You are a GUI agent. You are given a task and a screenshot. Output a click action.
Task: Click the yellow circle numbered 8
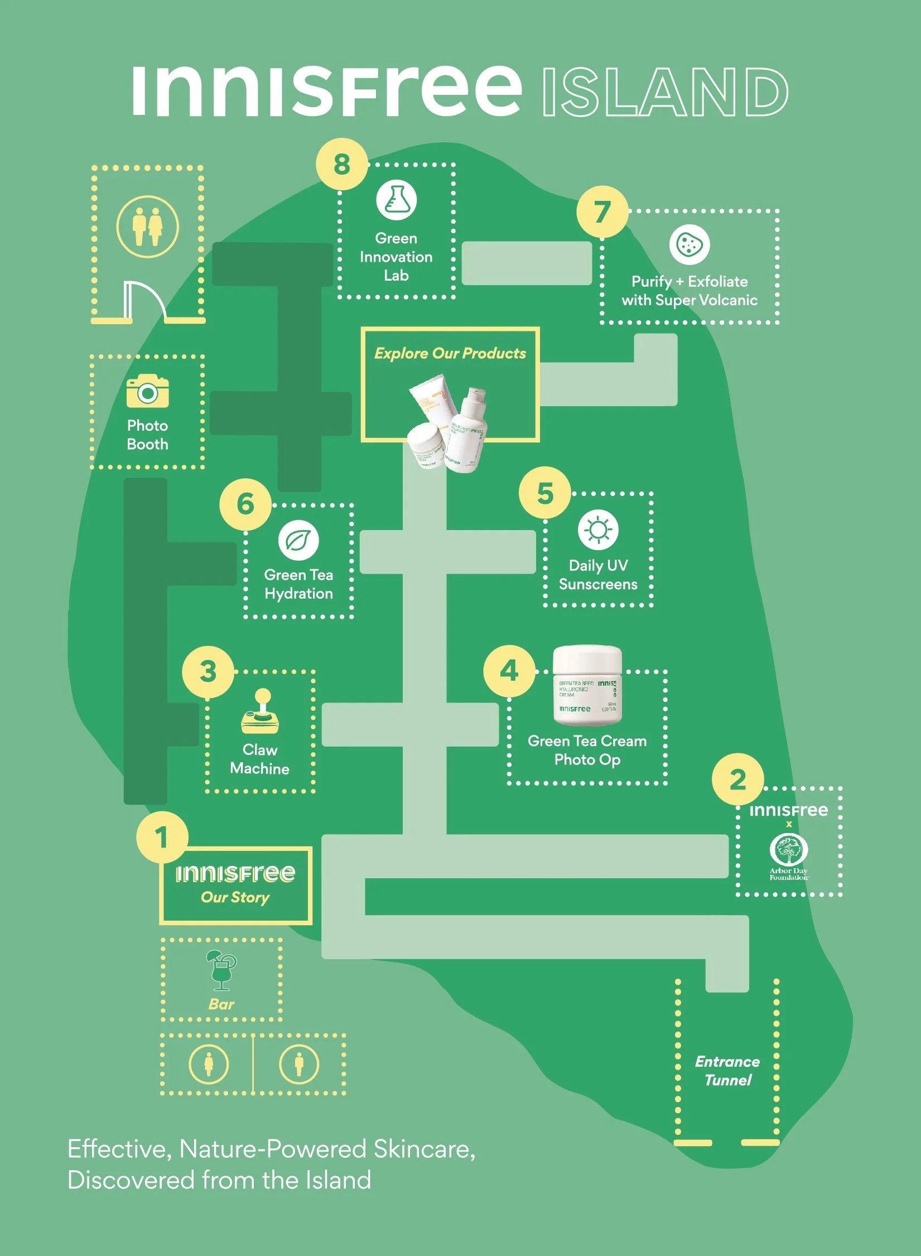pos(342,164)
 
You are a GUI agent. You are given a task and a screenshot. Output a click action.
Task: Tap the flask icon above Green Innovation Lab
pos(396,200)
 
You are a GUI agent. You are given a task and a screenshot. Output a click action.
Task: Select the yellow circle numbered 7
pos(602,212)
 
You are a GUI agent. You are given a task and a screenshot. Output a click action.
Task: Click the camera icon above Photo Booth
pos(147,392)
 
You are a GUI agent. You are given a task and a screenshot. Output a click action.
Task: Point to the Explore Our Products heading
pos(450,353)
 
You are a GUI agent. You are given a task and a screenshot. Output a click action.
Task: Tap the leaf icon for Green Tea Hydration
pos(298,540)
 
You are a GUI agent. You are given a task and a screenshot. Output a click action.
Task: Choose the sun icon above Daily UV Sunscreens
pos(598,530)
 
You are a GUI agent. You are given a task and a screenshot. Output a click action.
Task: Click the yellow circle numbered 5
pos(545,493)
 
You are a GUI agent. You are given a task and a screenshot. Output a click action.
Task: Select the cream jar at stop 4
pos(587,685)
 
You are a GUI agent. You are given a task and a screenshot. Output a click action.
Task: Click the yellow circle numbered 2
pos(737,779)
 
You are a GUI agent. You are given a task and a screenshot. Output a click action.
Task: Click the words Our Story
pos(235,897)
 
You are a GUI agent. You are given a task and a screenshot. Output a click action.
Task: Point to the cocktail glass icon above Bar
pos(221,970)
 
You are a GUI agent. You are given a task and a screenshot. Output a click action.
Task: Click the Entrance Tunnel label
pos(727,1071)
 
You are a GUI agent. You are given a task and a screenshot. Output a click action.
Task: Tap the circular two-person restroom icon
pos(147,227)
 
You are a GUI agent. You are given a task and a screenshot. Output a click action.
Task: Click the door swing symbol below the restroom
pos(145,301)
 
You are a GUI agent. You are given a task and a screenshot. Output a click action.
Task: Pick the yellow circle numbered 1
pos(162,837)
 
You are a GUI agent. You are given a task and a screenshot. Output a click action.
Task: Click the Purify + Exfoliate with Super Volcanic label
pos(689,291)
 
